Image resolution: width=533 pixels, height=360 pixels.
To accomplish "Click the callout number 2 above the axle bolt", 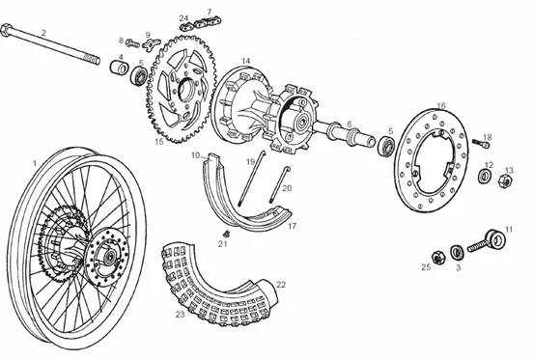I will coord(42,32).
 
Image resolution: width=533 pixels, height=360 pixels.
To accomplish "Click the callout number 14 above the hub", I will coord(246,61).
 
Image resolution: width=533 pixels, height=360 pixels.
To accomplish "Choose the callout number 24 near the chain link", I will coord(183,17).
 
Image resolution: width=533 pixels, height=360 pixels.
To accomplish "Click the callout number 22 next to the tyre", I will coord(281,285).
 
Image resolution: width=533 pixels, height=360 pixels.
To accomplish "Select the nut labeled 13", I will coord(505,184).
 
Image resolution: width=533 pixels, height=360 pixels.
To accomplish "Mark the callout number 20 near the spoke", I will coord(287,188).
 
